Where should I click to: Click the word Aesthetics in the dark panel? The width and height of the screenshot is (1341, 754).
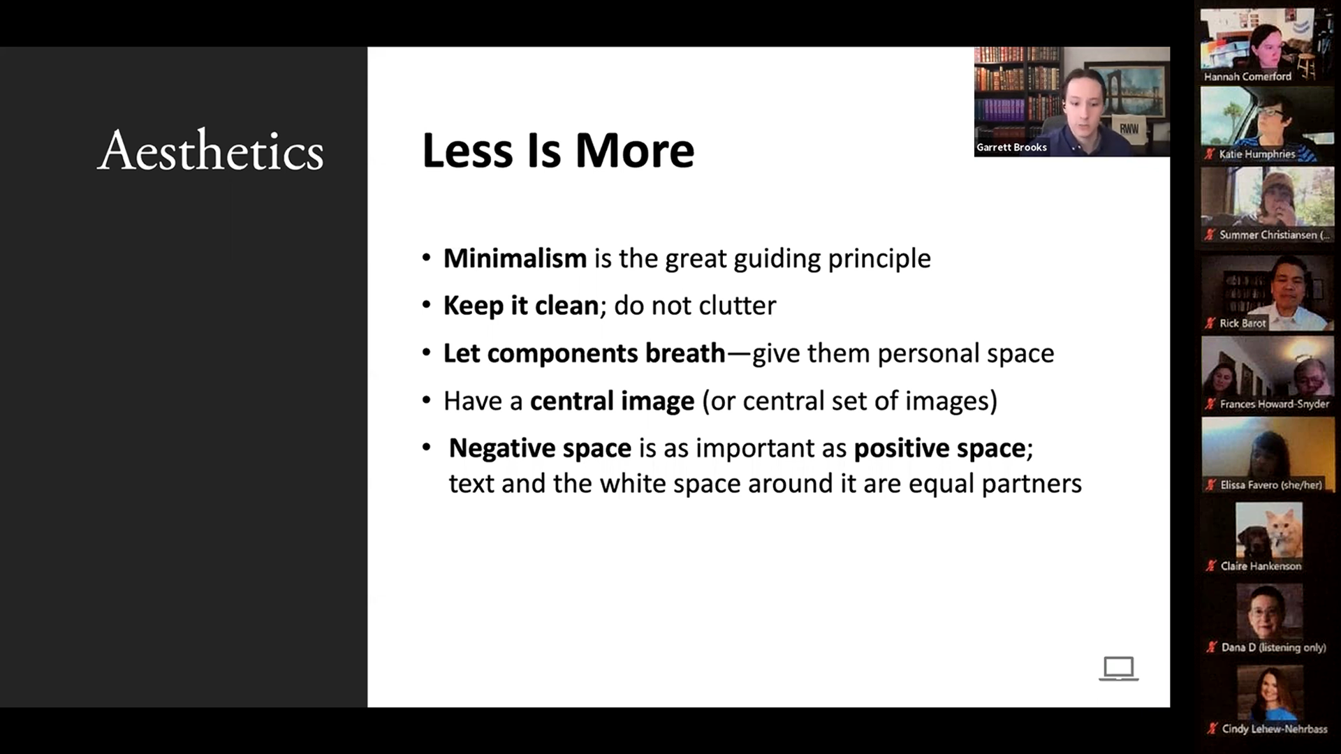(x=210, y=150)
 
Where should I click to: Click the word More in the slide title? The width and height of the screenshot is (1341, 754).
(x=635, y=150)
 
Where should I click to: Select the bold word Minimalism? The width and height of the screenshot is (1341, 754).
(x=515, y=258)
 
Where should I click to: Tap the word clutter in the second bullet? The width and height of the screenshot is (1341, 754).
(x=737, y=305)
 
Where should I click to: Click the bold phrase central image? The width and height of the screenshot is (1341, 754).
(x=613, y=401)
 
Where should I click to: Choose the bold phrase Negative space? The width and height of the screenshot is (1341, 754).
(x=540, y=448)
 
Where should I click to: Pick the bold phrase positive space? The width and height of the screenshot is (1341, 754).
(x=939, y=448)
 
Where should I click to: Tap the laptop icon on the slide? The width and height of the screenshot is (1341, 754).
(x=1118, y=668)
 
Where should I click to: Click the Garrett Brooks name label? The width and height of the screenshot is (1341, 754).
(x=1011, y=147)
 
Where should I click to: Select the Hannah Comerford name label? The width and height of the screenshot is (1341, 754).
(x=1247, y=76)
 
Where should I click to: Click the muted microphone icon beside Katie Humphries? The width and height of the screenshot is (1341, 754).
(x=1210, y=154)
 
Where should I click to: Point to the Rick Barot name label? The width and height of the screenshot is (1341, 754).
(x=1243, y=323)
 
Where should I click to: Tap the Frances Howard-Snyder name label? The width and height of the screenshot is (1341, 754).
(x=1275, y=404)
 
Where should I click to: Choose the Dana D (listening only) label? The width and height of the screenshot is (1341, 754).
(x=1273, y=647)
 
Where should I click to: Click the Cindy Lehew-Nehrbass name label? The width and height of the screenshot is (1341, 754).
(x=1275, y=729)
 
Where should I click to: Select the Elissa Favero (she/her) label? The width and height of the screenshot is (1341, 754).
(x=1271, y=485)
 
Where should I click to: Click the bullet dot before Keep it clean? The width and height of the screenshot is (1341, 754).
(x=427, y=305)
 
